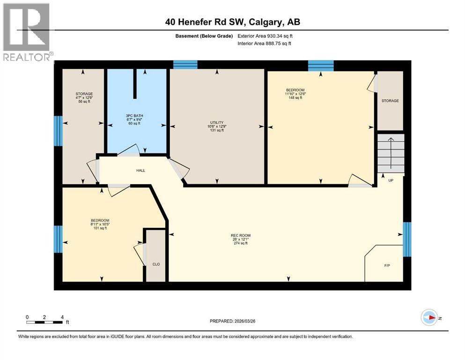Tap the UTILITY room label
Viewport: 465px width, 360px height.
click(217, 123)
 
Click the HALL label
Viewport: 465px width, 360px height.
click(140, 170)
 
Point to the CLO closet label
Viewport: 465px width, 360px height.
click(156, 264)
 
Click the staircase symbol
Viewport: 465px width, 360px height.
click(390, 152)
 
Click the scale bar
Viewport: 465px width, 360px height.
click(44, 322)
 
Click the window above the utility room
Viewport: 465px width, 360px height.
click(185, 65)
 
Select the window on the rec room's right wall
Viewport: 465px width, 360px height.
click(407, 239)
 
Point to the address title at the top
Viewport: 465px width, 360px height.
click(232, 22)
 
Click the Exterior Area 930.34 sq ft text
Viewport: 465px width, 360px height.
click(266, 36)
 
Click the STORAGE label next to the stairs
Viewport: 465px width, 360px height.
click(390, 101)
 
